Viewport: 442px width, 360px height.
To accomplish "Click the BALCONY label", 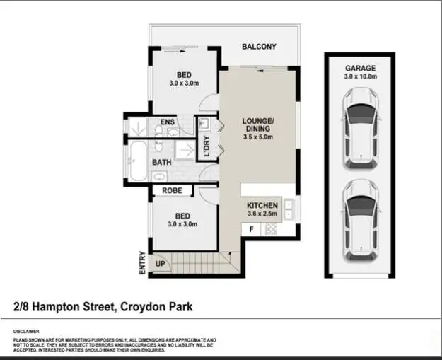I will [259, 47].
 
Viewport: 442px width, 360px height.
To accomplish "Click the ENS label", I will [168, 122].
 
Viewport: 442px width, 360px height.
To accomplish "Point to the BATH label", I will [161, 163].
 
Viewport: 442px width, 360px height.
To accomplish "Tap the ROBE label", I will [173, 191].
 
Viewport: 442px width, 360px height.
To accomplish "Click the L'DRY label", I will [207, 145].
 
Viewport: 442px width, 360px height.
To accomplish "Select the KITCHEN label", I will [262, 206].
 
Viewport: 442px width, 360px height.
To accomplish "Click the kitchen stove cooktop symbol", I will [269, 229].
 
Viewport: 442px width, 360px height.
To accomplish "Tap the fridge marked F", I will [251, 229].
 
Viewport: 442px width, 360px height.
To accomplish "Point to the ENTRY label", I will [143, 262].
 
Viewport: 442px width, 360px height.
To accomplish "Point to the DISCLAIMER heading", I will [26, 331].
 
